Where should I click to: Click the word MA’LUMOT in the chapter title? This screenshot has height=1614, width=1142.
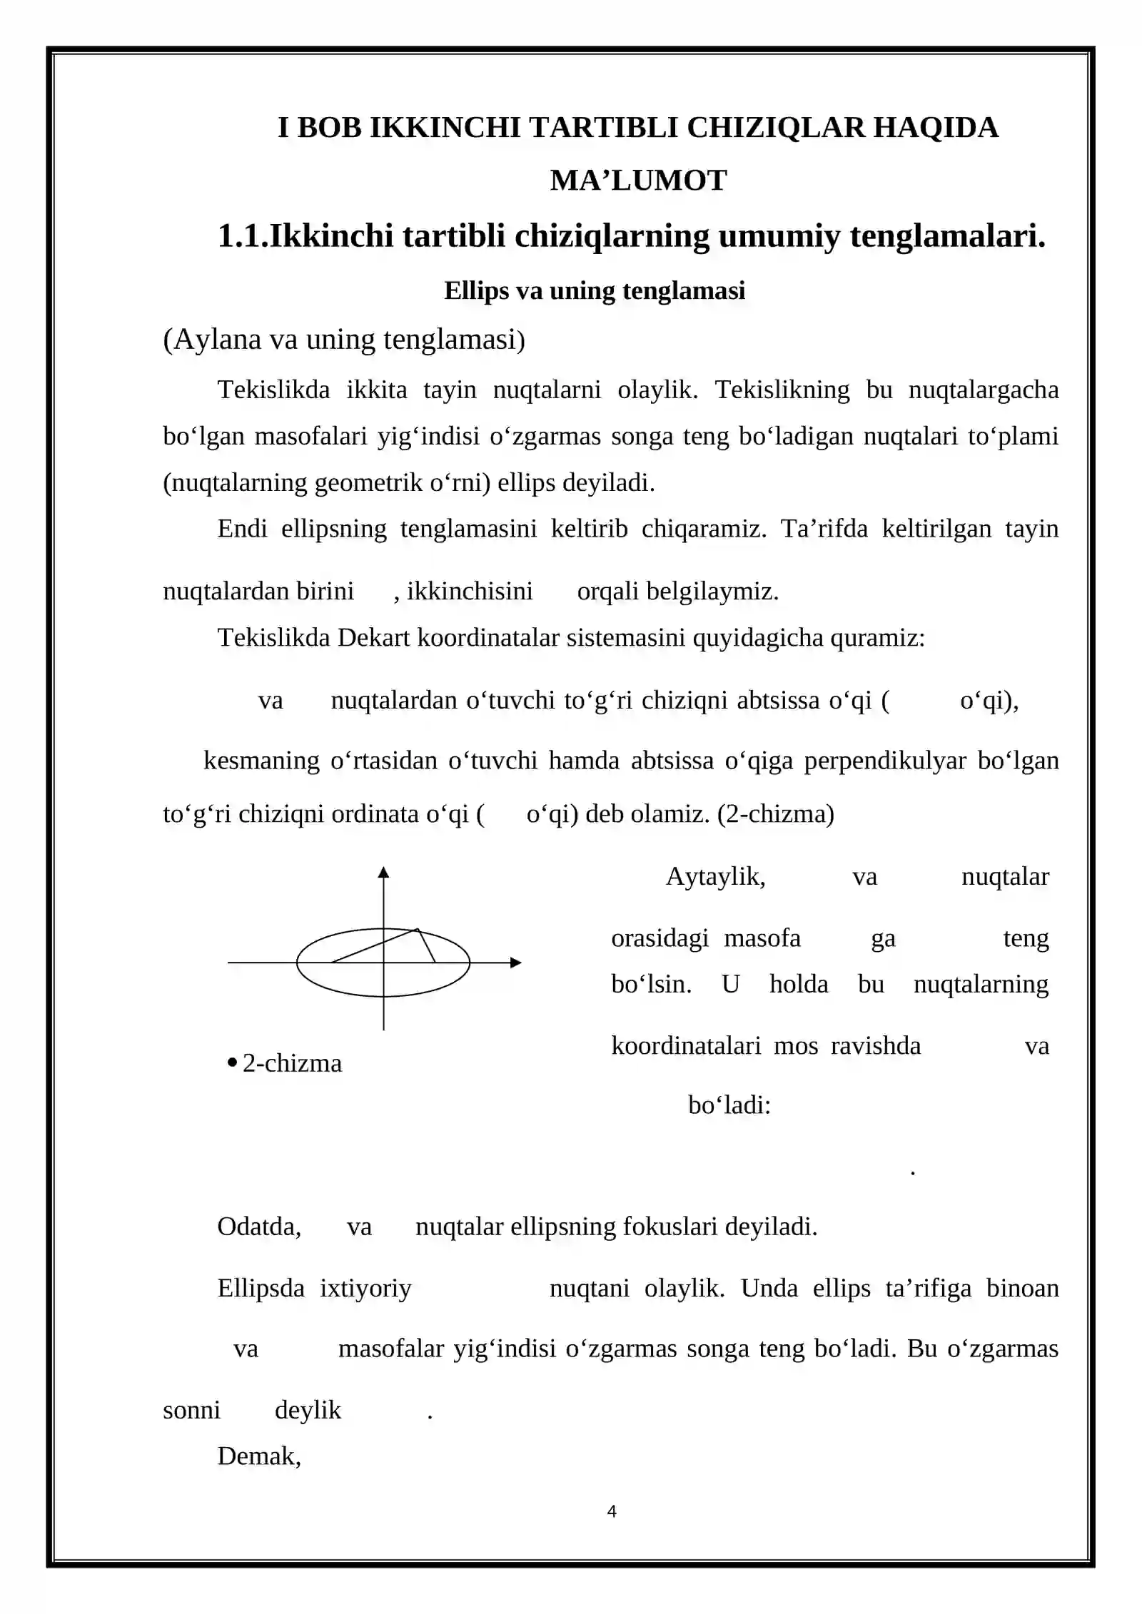[638, 181]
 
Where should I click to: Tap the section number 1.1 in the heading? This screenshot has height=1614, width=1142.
[241, 236]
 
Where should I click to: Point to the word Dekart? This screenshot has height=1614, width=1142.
[373, 637]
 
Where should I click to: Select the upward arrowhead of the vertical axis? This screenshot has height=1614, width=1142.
[383, 872]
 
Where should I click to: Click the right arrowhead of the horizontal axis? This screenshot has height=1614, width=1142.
[516, 963]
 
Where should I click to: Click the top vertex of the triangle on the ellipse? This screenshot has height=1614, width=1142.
[417, 929]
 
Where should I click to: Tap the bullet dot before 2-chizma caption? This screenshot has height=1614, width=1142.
[232, 1063]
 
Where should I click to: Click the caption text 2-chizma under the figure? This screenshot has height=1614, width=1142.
[292, 1063]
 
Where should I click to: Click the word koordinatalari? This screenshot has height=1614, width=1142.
[686, 1045]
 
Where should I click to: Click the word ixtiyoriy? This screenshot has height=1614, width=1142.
[365, 1288]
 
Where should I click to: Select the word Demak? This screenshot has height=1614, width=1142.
[258, 1456]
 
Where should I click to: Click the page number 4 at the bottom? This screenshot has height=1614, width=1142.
[612, 1511]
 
